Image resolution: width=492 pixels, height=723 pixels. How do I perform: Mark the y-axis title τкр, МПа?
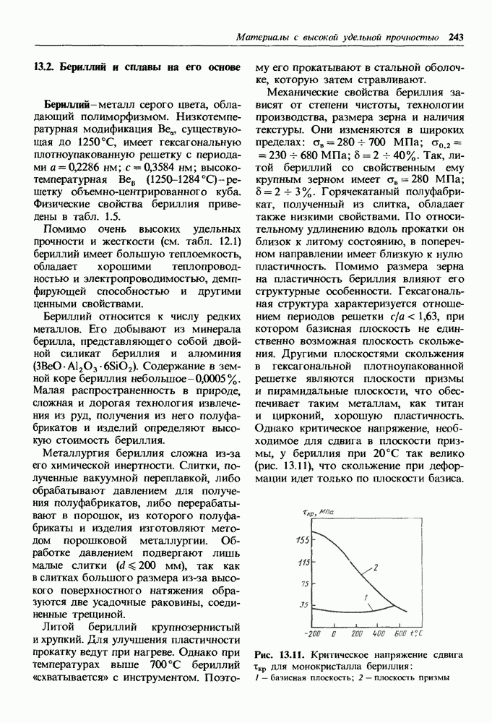[316, 513]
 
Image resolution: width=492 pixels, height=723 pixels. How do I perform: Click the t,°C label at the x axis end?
[420, 633]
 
